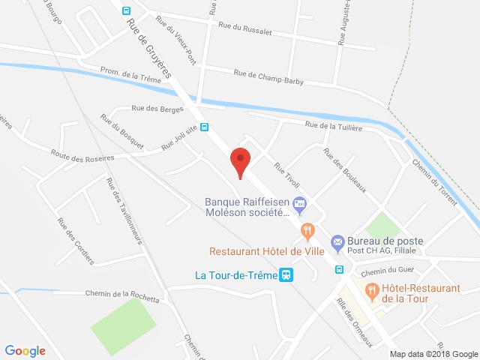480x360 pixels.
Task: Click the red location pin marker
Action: tap(240, 160)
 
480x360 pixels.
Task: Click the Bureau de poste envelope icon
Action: tap(337, 241)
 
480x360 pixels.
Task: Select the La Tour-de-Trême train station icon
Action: tap(286, 275)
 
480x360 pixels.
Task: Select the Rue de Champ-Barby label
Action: tap(268, 76)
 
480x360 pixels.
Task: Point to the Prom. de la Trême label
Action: tap(130, 75)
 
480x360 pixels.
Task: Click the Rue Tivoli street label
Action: tap(287, 175)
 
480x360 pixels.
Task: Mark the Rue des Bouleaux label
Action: tap(344, 170)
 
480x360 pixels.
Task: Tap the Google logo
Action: tap(25, 351)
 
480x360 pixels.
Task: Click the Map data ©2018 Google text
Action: tap(433, 354)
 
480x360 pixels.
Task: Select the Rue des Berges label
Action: tap(157, 109)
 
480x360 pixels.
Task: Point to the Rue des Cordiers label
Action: tap(76, 241)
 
